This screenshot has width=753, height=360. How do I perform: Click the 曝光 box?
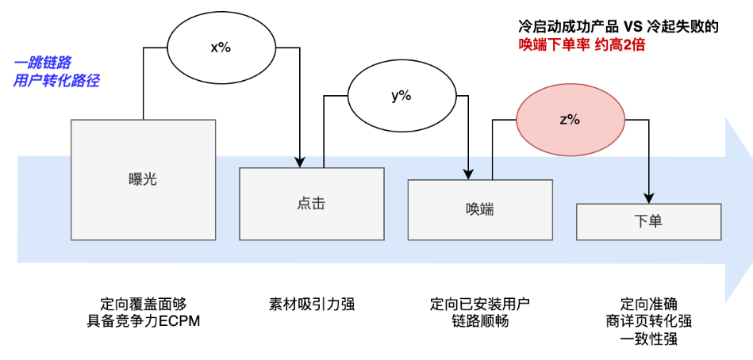(x=143, y=178)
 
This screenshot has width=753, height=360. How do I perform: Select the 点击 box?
(x=312, y=203)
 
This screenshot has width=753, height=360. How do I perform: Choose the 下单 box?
(x=648, y=221)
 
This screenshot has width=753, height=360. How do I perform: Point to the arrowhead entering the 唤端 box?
(x=470, y=173)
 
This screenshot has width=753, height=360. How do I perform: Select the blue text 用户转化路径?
(x=56, y=80)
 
